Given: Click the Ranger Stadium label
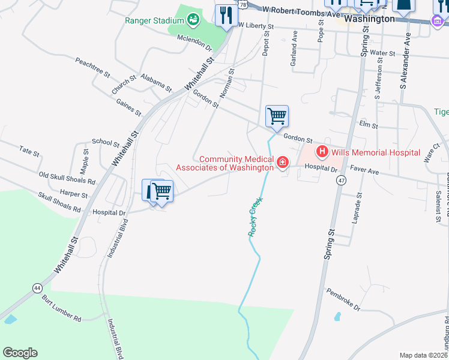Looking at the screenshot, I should click(154, 20).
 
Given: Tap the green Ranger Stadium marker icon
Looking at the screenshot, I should click(193, 20).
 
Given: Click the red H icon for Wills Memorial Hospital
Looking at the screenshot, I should click(322, 152).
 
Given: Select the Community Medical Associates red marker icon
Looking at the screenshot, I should click(282, 163).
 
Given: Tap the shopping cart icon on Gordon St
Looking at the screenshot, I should click(277, 116).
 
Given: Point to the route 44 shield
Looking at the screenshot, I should click(38, 289).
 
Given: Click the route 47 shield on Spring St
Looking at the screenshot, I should click(341, 181).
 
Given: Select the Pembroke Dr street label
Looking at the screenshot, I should click(343, 299).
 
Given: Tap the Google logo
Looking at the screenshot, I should click(20, 352).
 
